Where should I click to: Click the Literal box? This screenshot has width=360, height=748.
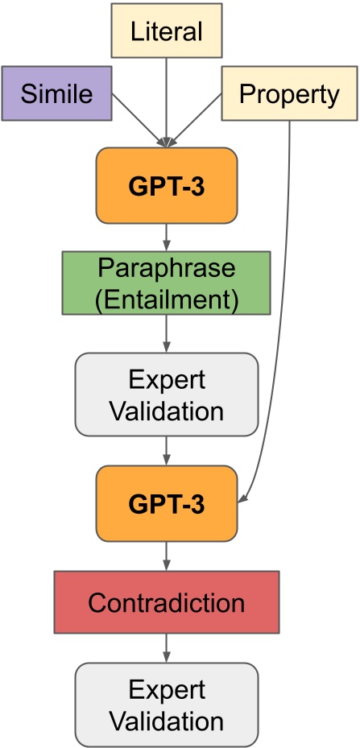tap(166, 31)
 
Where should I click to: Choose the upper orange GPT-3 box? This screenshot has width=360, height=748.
tap(166, 184)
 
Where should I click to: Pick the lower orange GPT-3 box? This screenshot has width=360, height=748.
tap(166, 505)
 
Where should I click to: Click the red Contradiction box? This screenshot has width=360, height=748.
tap(166, 601)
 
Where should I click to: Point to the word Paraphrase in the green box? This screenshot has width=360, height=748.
tap(166, 268)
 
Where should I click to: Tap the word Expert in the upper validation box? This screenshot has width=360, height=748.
tap(166, 379)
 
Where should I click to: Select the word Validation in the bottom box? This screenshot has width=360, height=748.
tap(166, 718)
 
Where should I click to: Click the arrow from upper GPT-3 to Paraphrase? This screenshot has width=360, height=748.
tap(166, 237)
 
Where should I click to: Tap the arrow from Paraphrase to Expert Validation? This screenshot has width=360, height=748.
tap(166, 333)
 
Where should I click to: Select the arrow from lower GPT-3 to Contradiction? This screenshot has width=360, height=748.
tap(166, 556)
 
